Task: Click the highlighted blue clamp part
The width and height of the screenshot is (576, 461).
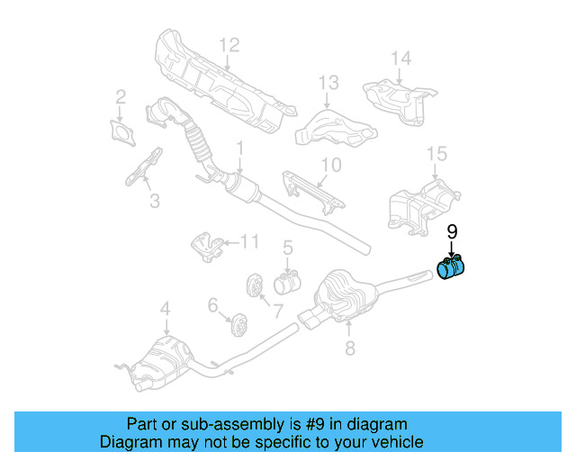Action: [x=449, y=269]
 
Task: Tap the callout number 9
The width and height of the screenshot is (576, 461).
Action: [x=453, y=231]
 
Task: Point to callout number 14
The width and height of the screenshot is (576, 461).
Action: [x=400, y=59]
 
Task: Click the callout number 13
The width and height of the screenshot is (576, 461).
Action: [x=328, y=83]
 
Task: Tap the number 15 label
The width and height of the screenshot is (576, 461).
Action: [x=436, y=154]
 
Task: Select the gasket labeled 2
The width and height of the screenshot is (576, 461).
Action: [x=120, y=131]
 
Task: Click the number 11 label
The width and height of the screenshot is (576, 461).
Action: [x=249, y=240]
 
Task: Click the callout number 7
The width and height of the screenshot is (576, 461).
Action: [x=276, y=312]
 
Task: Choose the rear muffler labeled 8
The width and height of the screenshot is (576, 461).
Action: [x=343, y=294]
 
